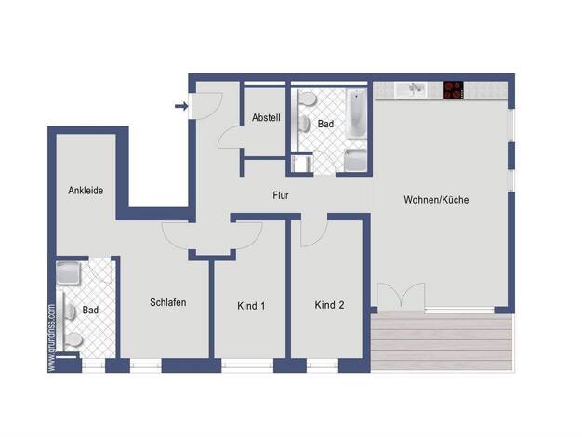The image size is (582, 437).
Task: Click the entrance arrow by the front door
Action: click(181, 107)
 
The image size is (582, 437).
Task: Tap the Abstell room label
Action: click(266, 118)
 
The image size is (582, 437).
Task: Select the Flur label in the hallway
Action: click(281, 195)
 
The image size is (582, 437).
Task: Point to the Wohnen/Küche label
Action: click(436, 200)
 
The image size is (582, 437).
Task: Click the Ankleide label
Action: click(86, 191)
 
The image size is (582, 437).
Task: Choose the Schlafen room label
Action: click(167, 302)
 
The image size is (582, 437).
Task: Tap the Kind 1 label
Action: click(251, 306)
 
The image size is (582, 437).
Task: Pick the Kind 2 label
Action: click(329, 305)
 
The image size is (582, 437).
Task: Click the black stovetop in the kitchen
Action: click(454, 90)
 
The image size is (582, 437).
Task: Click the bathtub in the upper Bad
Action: click(356, 113)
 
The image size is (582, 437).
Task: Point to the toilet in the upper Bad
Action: click(308, 99)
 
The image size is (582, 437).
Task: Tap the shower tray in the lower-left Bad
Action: click(68, 273)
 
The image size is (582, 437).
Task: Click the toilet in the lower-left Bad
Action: click(73, 339)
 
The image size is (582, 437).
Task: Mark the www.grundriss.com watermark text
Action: click(51, 338)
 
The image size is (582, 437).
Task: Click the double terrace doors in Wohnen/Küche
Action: click(401, 296)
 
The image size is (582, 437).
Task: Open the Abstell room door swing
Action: click(230, 138)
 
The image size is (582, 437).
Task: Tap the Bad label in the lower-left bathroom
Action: click(90, 310)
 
